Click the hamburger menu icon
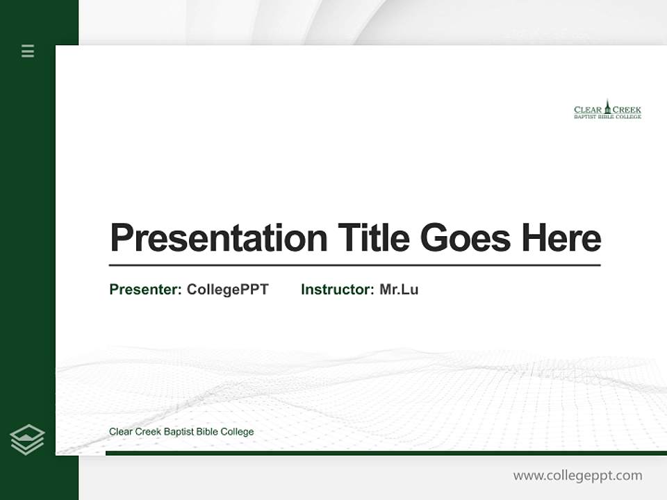tap(28, 51)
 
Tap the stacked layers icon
tap(27, 440)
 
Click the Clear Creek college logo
tap(607, 110)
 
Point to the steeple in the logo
tap(607, 106)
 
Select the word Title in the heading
tap(373, 238)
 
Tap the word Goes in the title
tap(466, 238)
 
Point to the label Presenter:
tap(145, 290)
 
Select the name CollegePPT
tap(227, 290)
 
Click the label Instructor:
tap(337, 290)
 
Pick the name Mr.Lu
tap(399, 290)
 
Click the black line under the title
tap(354, 265)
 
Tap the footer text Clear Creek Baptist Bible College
tap(181, 432)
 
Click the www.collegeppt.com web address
tap(577, 476)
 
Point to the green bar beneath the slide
tap(386, 453)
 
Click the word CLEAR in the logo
tap(588, 110)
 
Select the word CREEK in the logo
tap(627, 110)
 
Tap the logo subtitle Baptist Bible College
tap(607, 117)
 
